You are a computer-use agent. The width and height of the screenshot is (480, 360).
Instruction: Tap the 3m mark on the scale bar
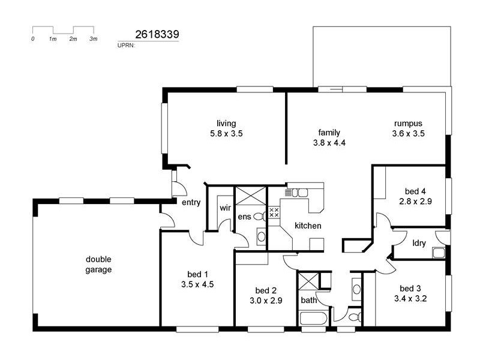[x=93, y=38]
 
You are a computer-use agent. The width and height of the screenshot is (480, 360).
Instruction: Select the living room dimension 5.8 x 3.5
[x=226, y=134]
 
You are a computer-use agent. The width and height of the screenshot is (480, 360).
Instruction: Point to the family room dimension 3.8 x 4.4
[x=329, y=143]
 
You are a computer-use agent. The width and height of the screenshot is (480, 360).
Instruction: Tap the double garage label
[x=98, y=264]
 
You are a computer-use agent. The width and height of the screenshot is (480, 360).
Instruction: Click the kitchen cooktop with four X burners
[x=274, y=212]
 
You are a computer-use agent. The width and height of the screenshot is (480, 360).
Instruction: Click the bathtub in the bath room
[x=313, y=318]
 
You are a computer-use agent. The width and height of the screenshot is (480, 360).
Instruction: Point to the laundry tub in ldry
[x=438, y=253]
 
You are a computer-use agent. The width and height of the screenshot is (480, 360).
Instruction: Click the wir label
[x=225, y=208]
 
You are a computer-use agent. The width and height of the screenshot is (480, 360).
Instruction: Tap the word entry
[x=191, y=203]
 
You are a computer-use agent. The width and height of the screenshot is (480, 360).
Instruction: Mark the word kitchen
[x=308, y=226]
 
